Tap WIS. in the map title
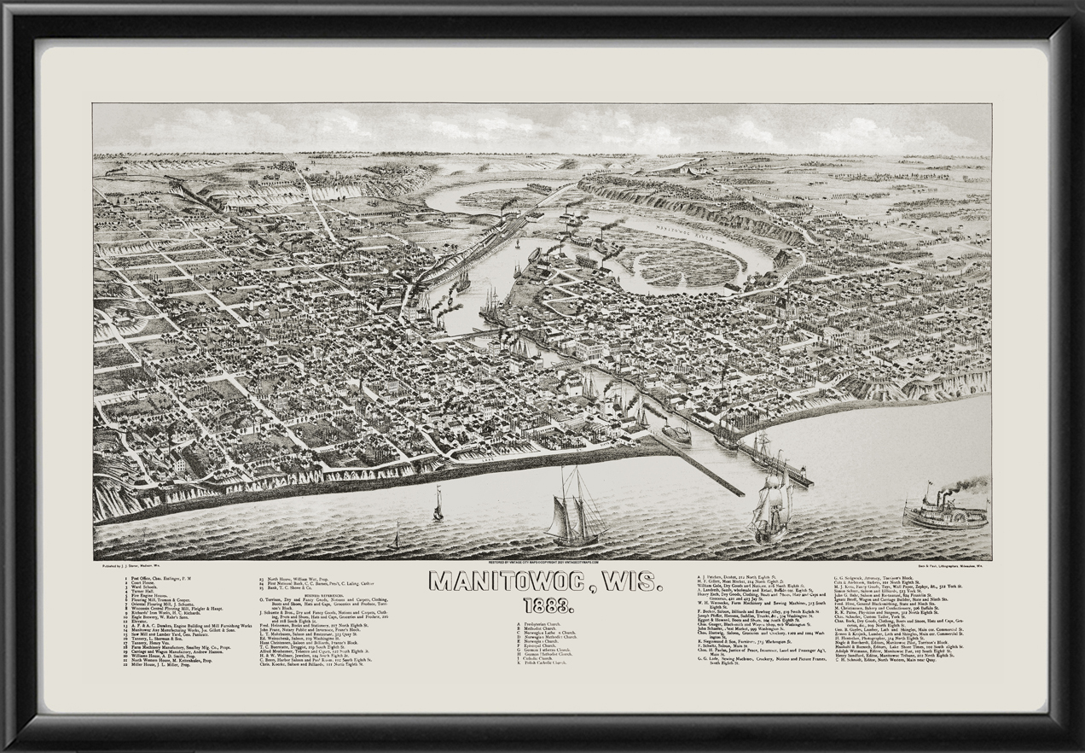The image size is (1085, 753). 630,582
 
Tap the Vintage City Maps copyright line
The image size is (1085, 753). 542,564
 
